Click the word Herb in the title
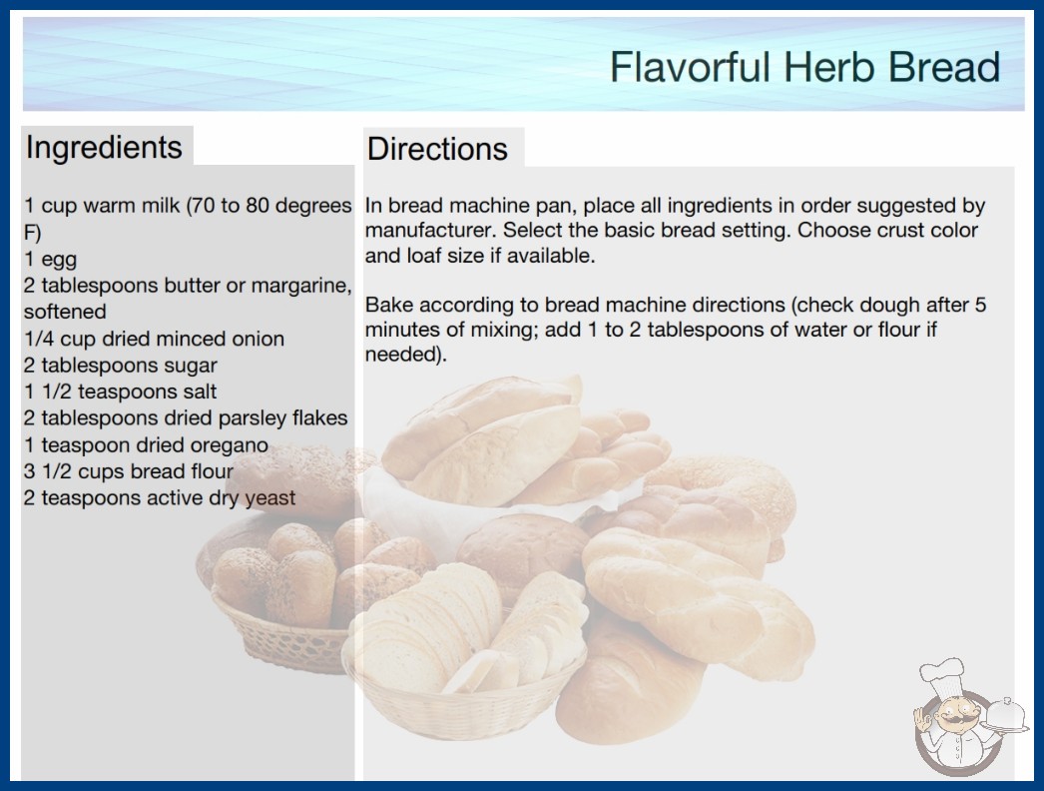tap(828, 67)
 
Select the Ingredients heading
tap(104, 147)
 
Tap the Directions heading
tap(437, 149)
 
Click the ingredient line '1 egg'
tap(50, 260)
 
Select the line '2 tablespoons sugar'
tap(121, 366)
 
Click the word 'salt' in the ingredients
tap(200, 392)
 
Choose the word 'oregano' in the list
tap(229, 445)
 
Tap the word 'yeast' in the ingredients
tap(269, 498)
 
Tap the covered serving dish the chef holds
tap(1006, 716)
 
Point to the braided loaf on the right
tap(699, 600)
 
